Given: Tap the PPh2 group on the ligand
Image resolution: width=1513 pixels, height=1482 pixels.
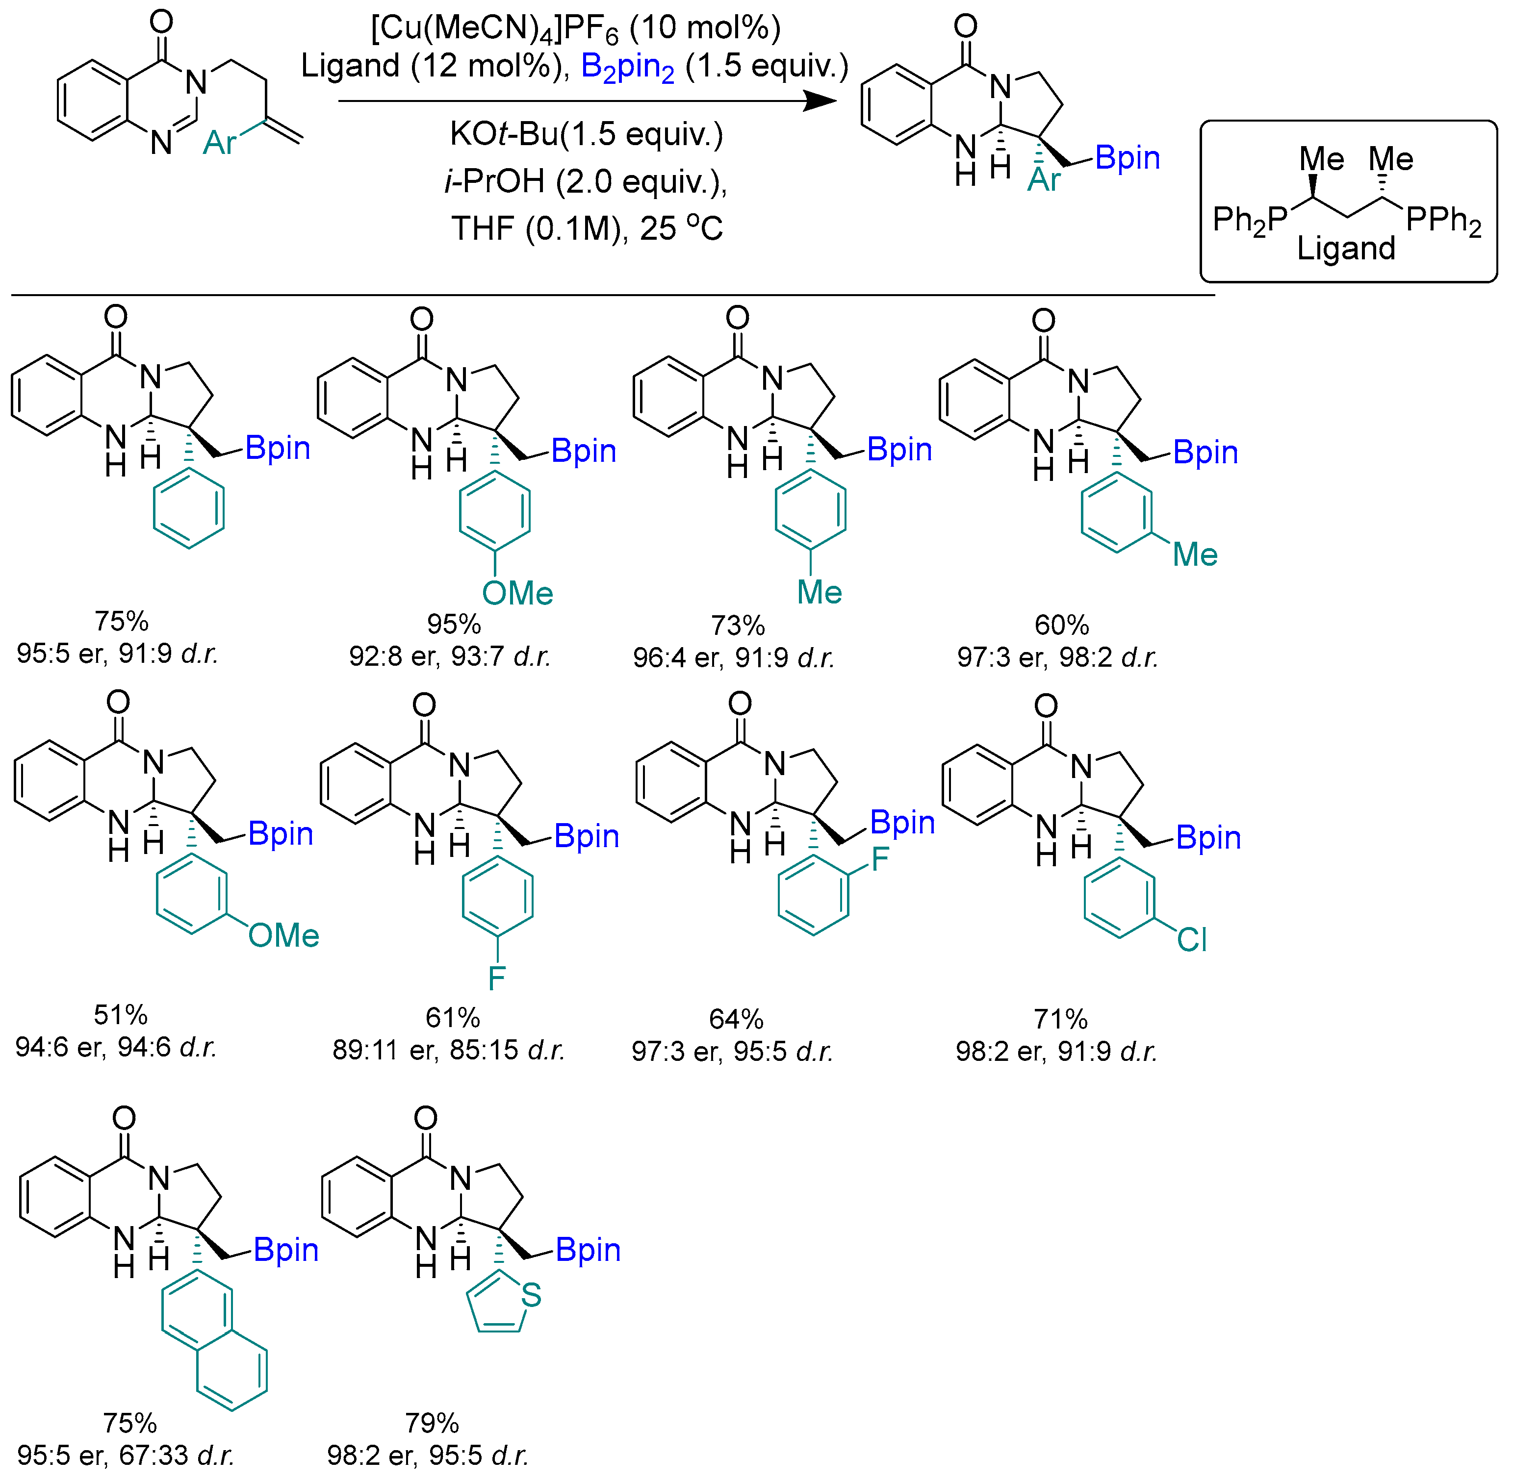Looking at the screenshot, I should [x=1443, y=221].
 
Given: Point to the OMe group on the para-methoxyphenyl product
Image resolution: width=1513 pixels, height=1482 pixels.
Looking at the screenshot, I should [x=517, y=594].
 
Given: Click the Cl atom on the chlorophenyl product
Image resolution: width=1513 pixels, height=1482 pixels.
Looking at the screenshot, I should [x=1191, y=939].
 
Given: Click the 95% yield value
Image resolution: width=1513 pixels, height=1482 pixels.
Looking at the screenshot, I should [x=454, y=624].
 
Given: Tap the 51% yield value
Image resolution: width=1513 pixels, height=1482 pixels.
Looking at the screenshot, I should [x=121, y=1015].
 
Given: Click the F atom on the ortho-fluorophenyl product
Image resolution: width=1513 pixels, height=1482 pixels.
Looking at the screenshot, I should [x=880, y=860].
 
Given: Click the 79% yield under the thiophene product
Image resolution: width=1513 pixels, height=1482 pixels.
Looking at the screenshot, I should [x=432, y=1423].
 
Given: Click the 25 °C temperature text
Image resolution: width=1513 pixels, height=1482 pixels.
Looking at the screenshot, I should [x=681, y=229].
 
